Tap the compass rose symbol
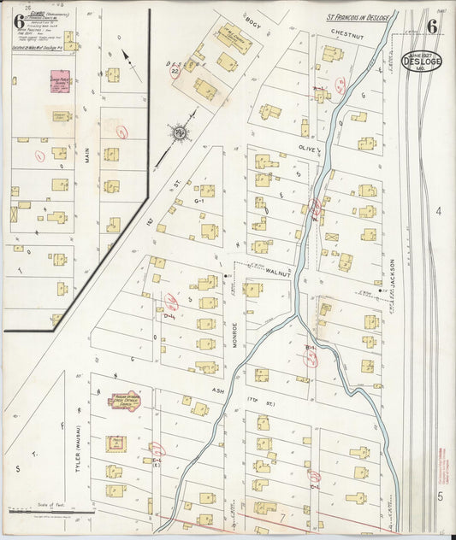tap(180, 132)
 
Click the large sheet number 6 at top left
tap(18, 23)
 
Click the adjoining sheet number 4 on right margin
tap(436, 211)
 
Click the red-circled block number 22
tap(175, 72)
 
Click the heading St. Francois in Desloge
tap(358, 17)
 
